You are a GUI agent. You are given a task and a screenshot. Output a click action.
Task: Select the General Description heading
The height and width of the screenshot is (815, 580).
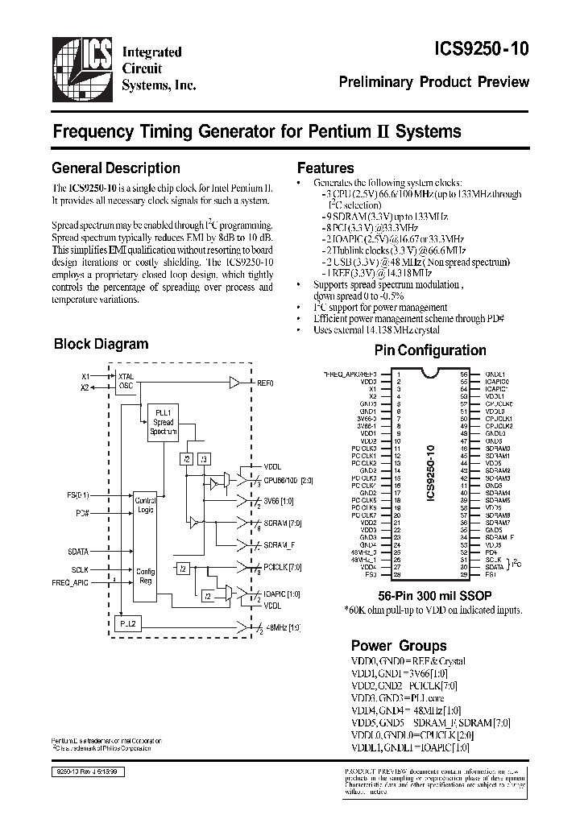[116, 168]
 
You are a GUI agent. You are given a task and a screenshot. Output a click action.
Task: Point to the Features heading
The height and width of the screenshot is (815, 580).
[325, 168]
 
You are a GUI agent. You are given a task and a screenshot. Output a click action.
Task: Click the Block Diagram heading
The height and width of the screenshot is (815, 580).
[101, 344]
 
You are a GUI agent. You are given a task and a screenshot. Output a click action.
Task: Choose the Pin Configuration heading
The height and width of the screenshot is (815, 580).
[430, 350]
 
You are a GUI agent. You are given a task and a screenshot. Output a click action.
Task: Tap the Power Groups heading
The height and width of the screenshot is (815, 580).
[398, 645]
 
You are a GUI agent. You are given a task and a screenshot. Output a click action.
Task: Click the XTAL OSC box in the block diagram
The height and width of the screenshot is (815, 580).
[126, 381]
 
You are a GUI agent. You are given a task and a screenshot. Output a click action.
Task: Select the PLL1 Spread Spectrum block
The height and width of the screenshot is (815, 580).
[162, 424]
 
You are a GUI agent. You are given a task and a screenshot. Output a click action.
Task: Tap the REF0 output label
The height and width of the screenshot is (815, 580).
[266, 383]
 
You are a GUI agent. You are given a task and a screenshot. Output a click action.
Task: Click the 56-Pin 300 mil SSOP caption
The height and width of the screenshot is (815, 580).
[430, 596]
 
